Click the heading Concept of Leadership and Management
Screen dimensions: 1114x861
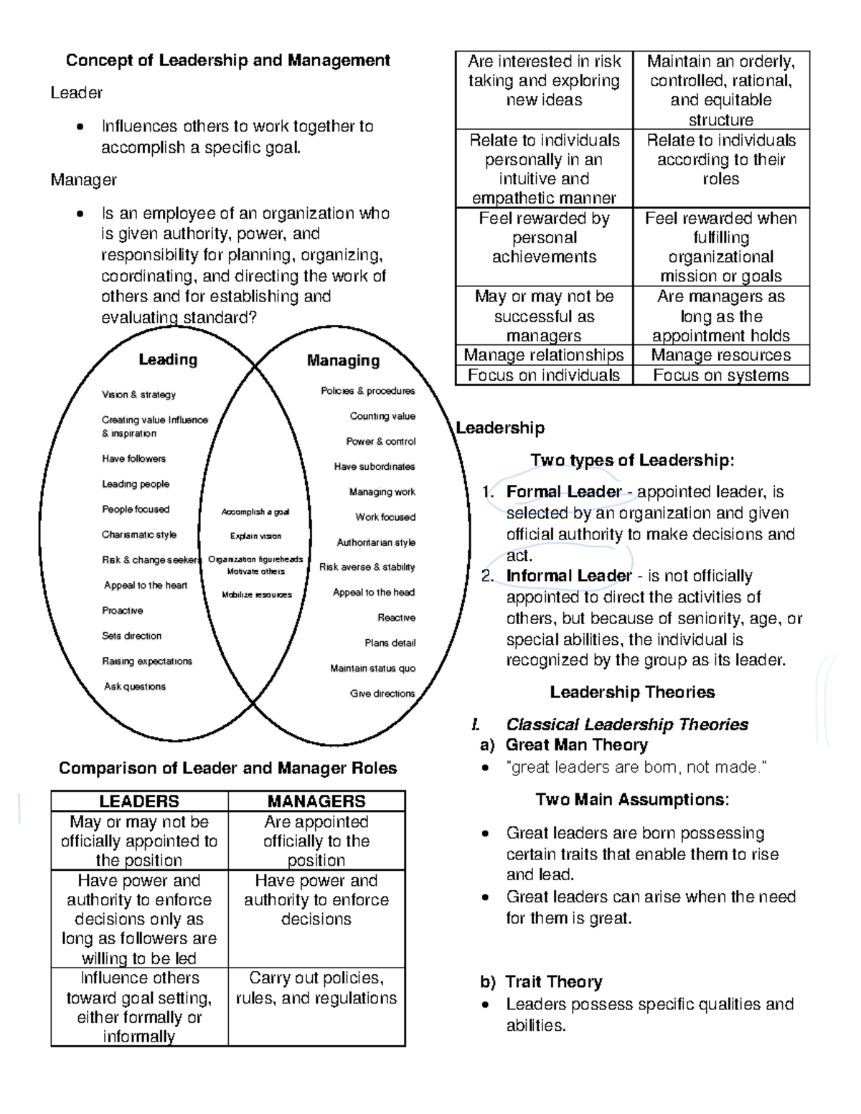[x=227, y=60]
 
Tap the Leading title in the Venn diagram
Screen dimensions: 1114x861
[x=168, y=359]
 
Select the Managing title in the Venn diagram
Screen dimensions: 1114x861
[x=343, y=360]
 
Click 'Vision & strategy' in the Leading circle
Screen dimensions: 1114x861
[x=138, y=395]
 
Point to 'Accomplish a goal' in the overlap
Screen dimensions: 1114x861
[x=255, y=512]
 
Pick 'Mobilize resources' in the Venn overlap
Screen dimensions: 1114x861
[x=257, y=595]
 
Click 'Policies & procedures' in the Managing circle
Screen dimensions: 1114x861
[x=367, y=391]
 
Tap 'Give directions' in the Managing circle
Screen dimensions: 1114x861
[x=382, y=694]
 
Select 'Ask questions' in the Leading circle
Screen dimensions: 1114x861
[x=135, y=686]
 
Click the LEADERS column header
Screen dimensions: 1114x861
[x=139, y=801]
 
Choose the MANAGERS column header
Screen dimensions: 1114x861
[x=316, y=801]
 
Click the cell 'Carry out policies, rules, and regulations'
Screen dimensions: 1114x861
[x=316, y=988]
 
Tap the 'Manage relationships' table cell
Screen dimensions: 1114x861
[x=544, y=355]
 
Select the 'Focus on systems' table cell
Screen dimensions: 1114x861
[x=720, y=375]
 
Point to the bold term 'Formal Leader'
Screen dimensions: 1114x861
[x=564, y=492]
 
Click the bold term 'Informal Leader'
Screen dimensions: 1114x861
[x=569, y=576]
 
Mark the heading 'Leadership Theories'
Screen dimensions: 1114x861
[x=632, y=692]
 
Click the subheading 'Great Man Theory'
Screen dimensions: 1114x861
[x=576, y=745]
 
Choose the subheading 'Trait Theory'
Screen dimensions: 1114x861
[x=553, y=982]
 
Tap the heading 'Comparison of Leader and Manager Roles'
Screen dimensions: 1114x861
[x=227, y=768]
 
